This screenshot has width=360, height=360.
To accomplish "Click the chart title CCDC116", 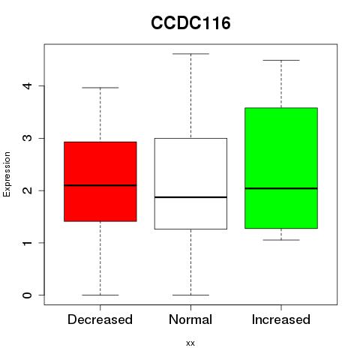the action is pyautogui.click(x=190, y=23).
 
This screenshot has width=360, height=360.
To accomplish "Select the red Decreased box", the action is pyautogui.click(x=100, y=181).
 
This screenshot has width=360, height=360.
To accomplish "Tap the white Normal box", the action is pyautogui.click(x=190, y=184).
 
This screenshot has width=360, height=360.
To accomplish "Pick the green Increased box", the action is pyautogui.click(x=281, y=168).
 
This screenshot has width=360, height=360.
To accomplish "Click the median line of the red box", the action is pyautogui.click(x=100, y=185).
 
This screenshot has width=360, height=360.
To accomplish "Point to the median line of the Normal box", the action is pyautogui.click(x=190, y=197).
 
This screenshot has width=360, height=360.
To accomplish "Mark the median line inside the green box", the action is pyautogui.click(x=281, y=188).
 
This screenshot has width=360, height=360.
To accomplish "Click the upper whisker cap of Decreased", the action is pyautogui.click(x=100, y=88).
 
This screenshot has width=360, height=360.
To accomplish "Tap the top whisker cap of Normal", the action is pyautogui.click(x=190, y=54).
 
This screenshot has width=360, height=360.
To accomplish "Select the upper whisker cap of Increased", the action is pyautogui.click(x=281, y=60).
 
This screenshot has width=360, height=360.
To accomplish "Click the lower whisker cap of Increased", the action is pyautogui.click(x=281, y=240).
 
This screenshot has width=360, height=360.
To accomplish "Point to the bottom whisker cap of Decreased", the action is pyautogui.click(x=100, y=295).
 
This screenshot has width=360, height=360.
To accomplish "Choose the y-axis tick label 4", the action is pyautogui.click(x=28, y=86).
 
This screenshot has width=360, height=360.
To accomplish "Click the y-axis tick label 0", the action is pyautogui.click(x=28, y=295).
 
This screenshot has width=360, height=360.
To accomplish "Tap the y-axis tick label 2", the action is pyautogui.click(x=28, y=190).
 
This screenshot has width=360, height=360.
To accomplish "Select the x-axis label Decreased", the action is pyautogui.click(x=100, y=319).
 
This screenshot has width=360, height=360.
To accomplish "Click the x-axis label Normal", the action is pyautogui.click(x=190, y=319).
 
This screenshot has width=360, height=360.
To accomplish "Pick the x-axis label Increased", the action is pyautogui.click(x=281, y=319).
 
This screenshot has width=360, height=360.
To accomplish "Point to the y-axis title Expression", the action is pyautogui.click(x=7, y=175).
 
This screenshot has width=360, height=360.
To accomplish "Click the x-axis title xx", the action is pyautogui.click(x=190, y=343).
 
